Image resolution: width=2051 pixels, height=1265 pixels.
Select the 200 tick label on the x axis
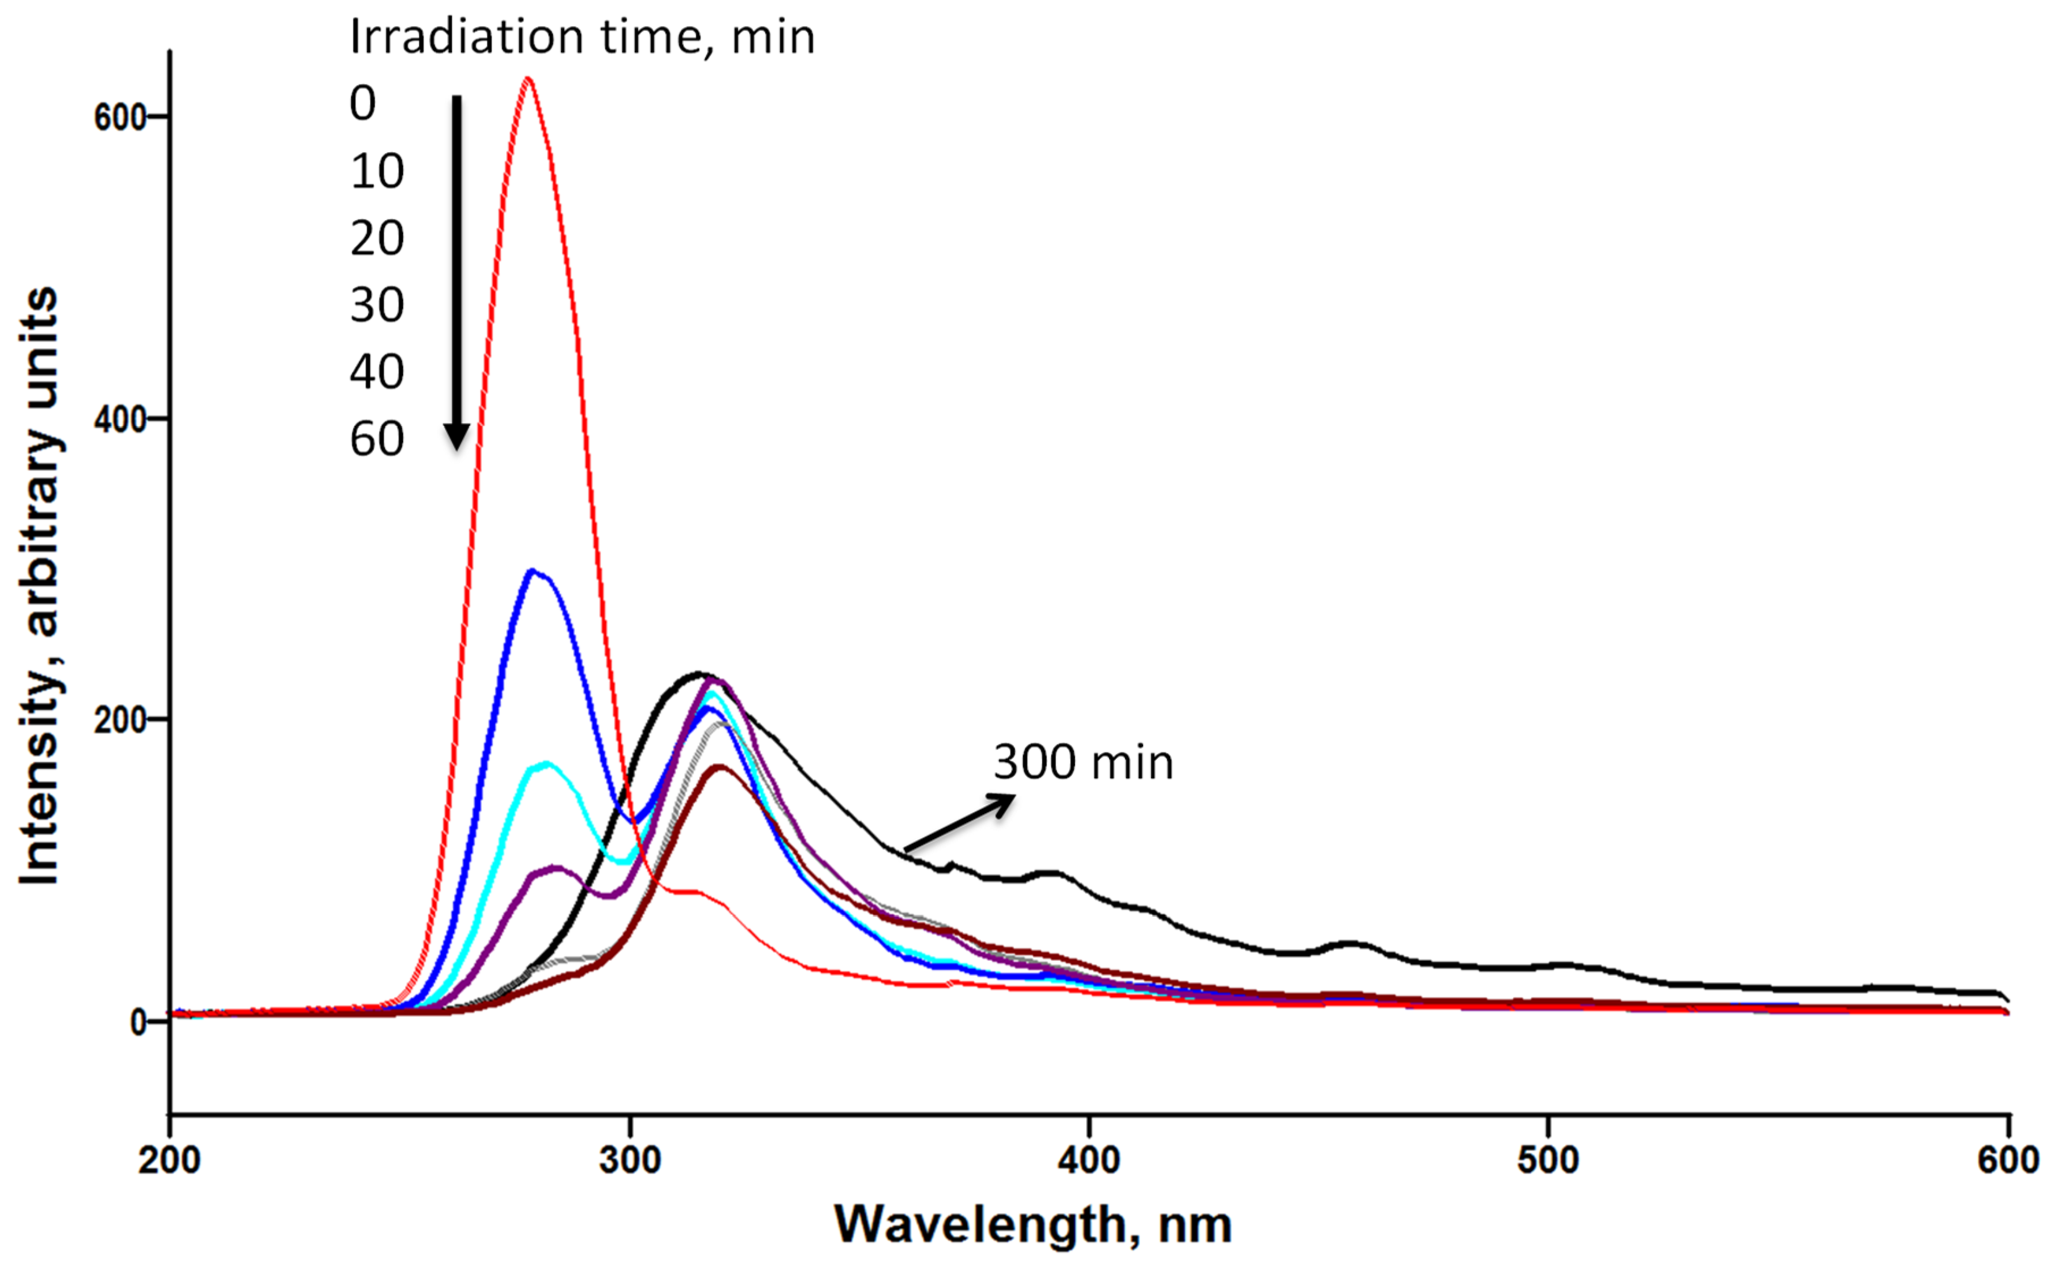tap(169, 1161)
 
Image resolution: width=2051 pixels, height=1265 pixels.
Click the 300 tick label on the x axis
tap(629, 1161)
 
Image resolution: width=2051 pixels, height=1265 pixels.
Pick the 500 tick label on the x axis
tap(1548, 1161)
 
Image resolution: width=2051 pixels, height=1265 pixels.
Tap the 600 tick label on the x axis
tap(2007, 1161)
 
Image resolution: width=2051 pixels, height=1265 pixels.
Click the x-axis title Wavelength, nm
tap(1033, 1226)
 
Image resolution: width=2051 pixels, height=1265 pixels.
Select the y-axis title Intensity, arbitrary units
tap(40, 586)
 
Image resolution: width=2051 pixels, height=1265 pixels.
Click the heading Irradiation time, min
tap(582, 37)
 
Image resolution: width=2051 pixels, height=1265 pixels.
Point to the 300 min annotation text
tap(1083, 763)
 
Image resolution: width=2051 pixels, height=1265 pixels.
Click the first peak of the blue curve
tap(532, 572)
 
